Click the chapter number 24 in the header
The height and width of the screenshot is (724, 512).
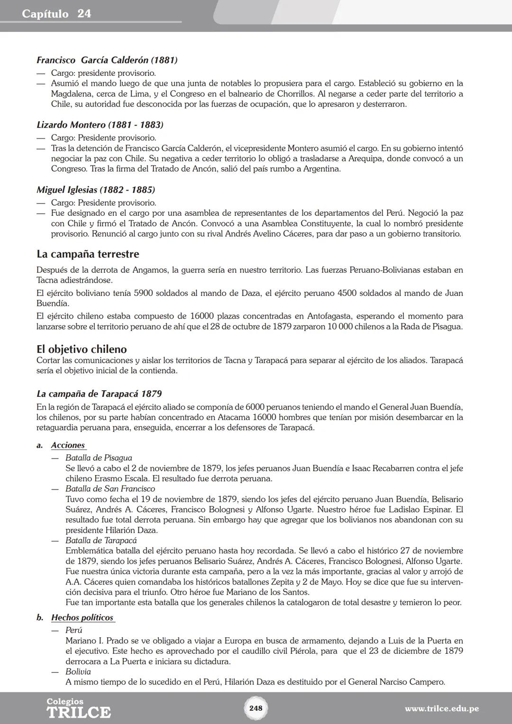coord(84,14)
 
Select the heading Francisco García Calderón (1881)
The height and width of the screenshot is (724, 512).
coord(107,60)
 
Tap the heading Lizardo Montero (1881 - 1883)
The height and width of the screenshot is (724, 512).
coord(100,125)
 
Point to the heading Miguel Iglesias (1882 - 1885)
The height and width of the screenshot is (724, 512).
coord(96,190)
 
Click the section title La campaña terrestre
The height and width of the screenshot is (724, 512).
coord(88,254)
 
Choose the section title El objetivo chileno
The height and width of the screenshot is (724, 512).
coord(82,349)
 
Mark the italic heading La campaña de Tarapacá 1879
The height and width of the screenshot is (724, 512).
coord(99,394)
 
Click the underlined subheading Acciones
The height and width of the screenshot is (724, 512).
coord(68,445)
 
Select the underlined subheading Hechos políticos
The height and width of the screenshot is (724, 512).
coord(82,617)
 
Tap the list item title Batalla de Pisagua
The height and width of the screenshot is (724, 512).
coord(99,458)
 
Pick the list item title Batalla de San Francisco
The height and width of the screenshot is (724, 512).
coord(110,489)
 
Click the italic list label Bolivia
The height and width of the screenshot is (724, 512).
coord(78,672)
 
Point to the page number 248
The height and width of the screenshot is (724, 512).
coord(256,708)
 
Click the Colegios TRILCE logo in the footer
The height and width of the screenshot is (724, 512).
coord(78,708)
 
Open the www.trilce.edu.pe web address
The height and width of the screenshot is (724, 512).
coord(441,709)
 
